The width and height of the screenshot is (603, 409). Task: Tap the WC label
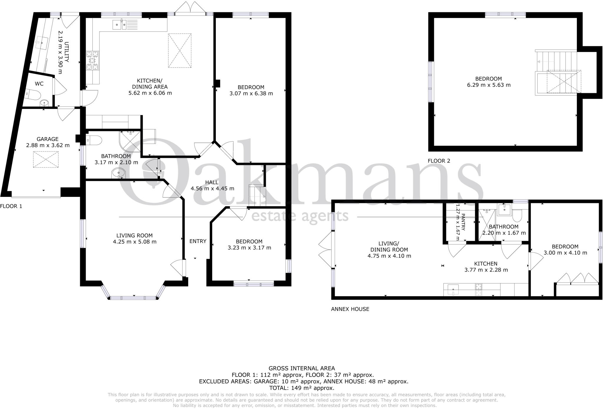pyautogui.click(x=39, y=84)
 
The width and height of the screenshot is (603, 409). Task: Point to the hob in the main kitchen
pyautogui.click(x=92, y=61)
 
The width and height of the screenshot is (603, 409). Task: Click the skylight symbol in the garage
pyautogui.click(x=46, y=159)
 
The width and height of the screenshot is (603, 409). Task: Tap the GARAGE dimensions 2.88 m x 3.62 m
pyautogui.click(x=48, y=145)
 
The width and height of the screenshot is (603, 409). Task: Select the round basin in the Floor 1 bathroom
pyautogui.click(x=118, y=173)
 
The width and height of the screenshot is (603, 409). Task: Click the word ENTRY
pyautogui.click(x=198, y=241)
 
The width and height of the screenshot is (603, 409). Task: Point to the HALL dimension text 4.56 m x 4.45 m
pyautogui.click(x=212, y=189)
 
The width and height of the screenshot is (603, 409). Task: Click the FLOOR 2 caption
pyautogui.click(x=439, y=161)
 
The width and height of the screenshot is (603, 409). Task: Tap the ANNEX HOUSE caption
pyautogui.click(x=350, y=309)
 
